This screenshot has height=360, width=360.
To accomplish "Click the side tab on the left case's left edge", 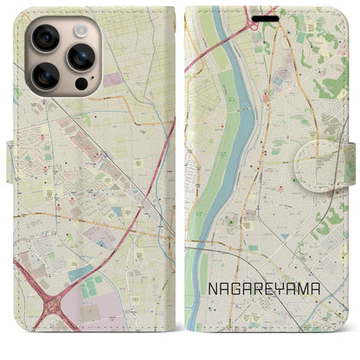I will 8,164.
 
